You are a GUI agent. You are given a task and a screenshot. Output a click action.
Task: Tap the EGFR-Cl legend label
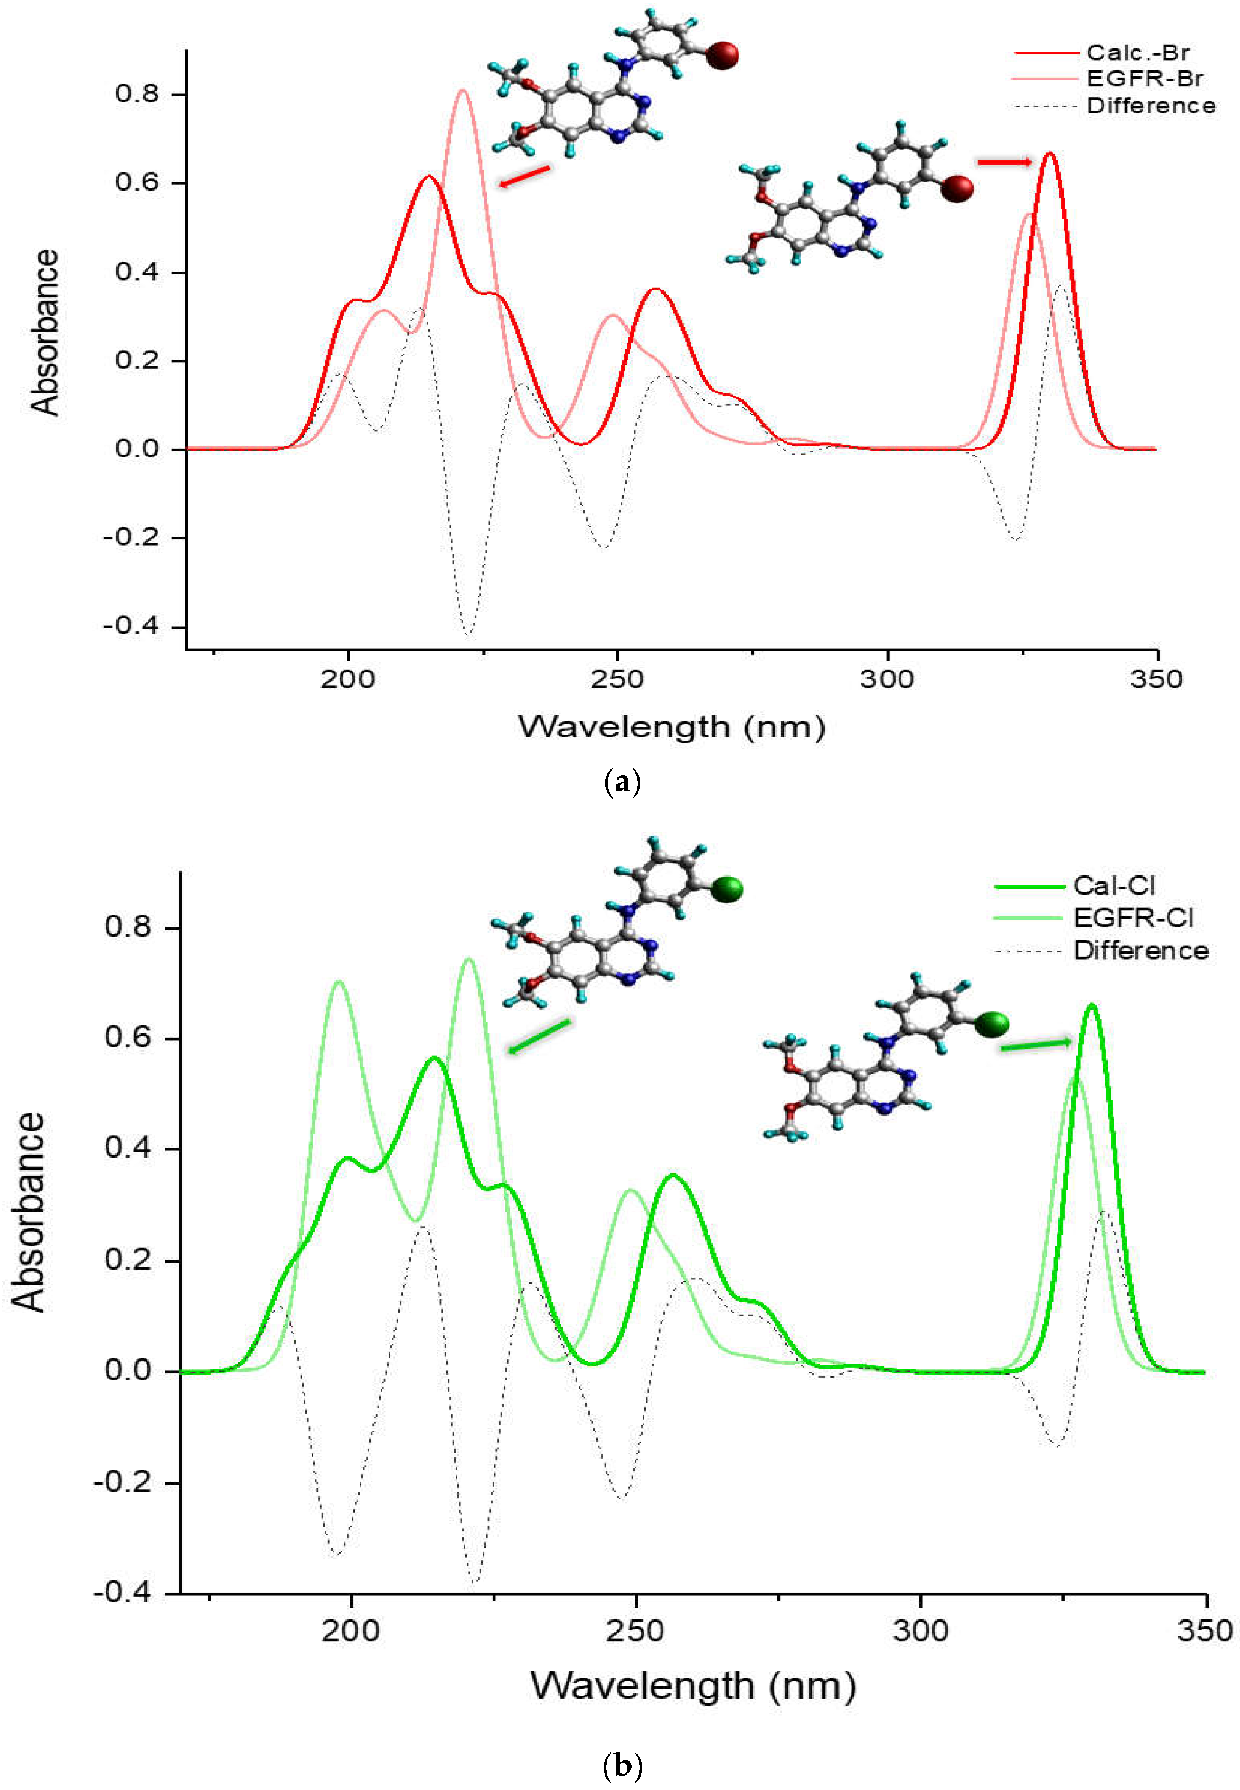tap(1133, 918)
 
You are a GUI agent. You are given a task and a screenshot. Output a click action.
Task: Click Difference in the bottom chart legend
tap(1141, 951)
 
